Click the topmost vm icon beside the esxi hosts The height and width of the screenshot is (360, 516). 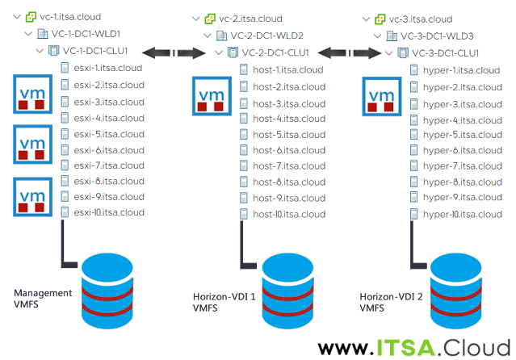tap(29, 93)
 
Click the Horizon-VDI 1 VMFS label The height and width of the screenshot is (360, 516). tap(225, 302)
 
